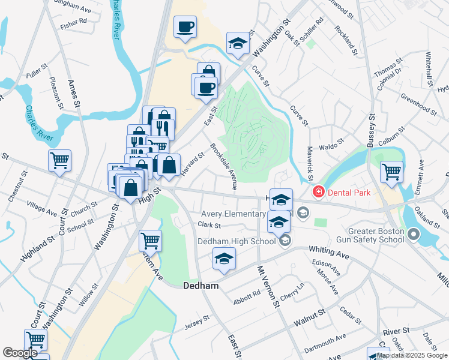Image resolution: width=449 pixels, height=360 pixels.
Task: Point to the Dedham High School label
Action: [237, 242]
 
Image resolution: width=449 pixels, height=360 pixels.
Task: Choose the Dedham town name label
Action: [199, 287]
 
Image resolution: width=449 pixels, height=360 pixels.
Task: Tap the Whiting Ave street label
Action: [329, 251]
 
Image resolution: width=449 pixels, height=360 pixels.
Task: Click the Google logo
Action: [20, 353]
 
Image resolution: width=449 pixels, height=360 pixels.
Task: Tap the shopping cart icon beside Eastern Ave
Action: [150, 241]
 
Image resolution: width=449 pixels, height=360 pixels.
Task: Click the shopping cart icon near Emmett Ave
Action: [391, 172]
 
